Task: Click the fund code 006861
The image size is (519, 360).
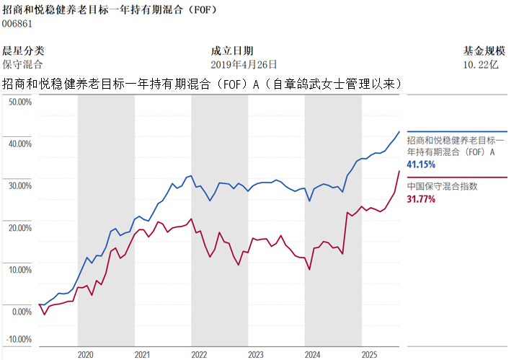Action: point(17,23)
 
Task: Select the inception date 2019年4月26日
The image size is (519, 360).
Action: point(243,64)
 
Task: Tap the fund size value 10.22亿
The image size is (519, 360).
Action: point(481,64)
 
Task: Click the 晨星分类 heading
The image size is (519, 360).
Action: point(23,51)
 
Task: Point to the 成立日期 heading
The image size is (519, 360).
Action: point(231,51)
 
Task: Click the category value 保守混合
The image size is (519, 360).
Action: point(23,64)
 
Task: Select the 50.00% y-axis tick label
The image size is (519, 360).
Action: point(19,102)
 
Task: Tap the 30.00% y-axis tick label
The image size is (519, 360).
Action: point(19,185)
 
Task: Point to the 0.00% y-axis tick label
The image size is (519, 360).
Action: point(22,311)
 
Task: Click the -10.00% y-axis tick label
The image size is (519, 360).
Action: point(19,339)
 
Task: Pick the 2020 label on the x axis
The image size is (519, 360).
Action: point(85,354)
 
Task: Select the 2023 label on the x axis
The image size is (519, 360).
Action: point(255,354)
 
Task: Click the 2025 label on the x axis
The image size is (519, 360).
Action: point(369,354)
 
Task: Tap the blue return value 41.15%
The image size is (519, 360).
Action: point(422,164)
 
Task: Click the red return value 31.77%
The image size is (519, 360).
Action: point(422,198)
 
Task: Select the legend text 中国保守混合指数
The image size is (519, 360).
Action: point(442,186)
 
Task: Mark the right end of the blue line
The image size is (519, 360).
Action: point(399,132)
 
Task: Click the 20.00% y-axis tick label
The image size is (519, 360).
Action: point(19,227)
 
